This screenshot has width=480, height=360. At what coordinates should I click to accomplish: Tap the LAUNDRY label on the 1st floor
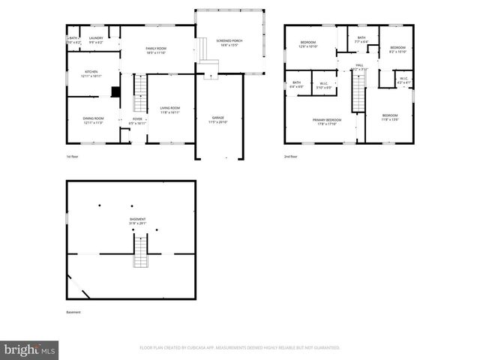pos(96,37)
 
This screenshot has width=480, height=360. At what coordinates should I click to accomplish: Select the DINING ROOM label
pos(94,118)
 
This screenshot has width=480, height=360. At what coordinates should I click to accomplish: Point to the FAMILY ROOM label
pos(155,49)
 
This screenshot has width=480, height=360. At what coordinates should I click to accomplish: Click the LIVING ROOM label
pos(169,109)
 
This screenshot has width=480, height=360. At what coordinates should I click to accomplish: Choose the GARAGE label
pos(218,118)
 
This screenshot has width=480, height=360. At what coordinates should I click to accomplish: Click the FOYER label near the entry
pos(137,118)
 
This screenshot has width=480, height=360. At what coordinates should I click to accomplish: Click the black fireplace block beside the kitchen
pos(115,92)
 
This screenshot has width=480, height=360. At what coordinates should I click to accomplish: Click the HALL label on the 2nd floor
pos(359,65)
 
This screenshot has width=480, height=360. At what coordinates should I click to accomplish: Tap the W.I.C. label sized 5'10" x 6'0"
pos(324,83)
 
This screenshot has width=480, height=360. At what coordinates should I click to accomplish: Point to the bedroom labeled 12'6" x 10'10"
pos(309,43)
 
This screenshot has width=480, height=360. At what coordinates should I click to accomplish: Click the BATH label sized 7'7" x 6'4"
pos(361,38)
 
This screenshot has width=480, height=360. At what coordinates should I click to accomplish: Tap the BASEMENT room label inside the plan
pos(137,219)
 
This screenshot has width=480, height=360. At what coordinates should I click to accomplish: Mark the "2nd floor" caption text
pos(290,157)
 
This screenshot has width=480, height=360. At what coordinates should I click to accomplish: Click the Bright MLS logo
pos(30,349)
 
